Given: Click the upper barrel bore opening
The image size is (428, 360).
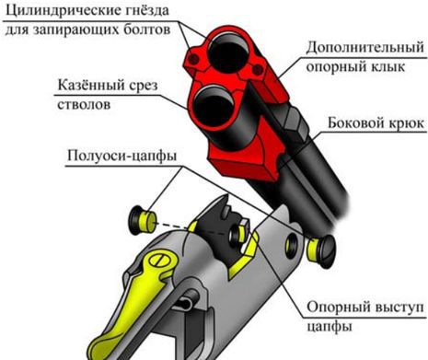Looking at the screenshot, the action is (228, 45).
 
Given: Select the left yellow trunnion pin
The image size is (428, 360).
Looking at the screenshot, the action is (144, 217).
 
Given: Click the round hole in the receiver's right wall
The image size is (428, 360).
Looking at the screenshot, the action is (293, 244).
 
